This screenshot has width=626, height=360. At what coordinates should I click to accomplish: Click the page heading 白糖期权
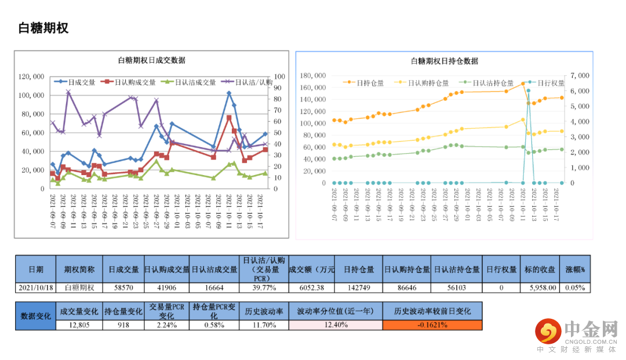tap(43, 28)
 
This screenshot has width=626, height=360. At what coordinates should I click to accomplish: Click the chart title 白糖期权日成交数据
tap(151, 60)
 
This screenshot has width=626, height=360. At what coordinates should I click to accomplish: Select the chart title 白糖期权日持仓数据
tap(445, 61)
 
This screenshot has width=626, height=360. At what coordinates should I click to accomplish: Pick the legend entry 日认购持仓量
tap(428, 83)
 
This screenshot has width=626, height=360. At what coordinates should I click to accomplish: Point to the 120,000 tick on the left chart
tap(32, 77)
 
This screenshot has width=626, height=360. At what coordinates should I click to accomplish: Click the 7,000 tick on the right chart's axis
tap(580, 76)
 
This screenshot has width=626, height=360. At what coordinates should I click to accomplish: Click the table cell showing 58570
tap(123, 288)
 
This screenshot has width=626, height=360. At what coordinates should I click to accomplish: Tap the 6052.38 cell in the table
tap(311, 288)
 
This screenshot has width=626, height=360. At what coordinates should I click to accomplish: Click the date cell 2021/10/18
tap(36, 288)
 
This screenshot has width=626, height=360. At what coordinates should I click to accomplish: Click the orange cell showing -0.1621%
tap(432, 325)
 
